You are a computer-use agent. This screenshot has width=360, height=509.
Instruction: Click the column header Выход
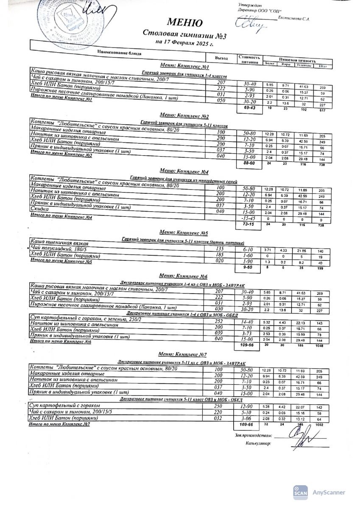221,58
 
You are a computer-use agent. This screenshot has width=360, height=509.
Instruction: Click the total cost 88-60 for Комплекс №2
246,162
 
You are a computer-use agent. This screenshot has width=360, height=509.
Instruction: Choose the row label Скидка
40,210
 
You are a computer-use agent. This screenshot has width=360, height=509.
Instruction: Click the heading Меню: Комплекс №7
182,354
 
